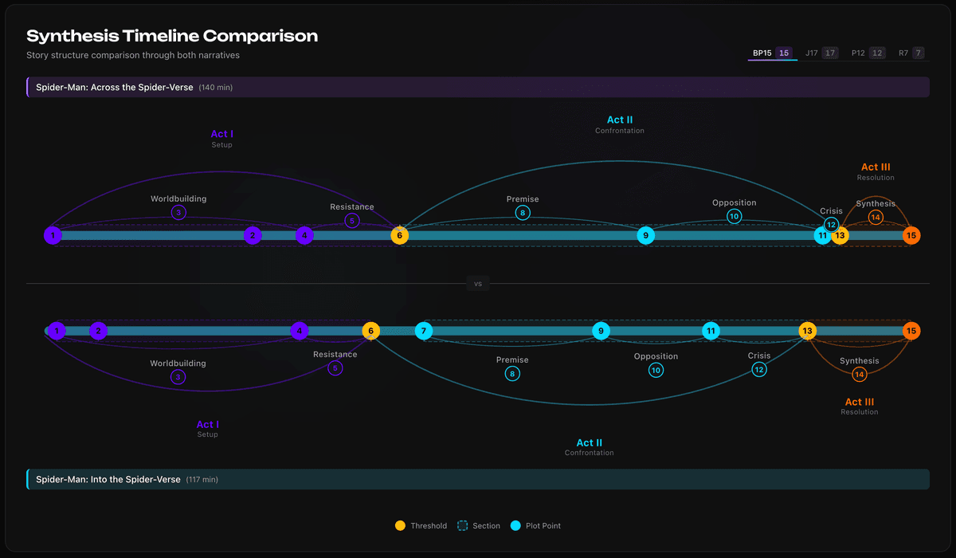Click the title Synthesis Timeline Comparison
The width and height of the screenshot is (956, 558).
pos(172,36)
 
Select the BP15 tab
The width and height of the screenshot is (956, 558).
pos(771,53)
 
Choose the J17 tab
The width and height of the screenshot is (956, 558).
pos(821,53)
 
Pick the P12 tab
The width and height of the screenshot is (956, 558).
pos(867,53)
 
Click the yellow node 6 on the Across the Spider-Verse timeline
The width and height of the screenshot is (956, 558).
pos(400,235)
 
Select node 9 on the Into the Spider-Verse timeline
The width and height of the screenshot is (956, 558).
pos(601,331)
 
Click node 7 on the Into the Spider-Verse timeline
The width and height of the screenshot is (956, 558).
pos(424,331)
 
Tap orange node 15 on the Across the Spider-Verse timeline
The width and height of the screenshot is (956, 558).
pos(911,235)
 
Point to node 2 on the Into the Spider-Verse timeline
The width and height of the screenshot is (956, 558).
pos(98,331)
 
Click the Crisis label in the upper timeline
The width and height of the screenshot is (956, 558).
pos(831,211)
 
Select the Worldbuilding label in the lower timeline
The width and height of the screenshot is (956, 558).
pos(178,363)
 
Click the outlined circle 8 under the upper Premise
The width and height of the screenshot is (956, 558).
pos(523,213)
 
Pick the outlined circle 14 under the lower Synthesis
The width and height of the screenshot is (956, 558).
pos(859,374)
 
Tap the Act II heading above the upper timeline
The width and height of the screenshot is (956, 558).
pos(619,120)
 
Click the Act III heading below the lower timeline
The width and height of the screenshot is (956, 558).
pos(859,403)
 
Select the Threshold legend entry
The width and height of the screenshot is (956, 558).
pos(421,526)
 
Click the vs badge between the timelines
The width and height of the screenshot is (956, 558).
pos(478,283)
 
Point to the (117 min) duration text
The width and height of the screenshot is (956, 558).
pos(202,480)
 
